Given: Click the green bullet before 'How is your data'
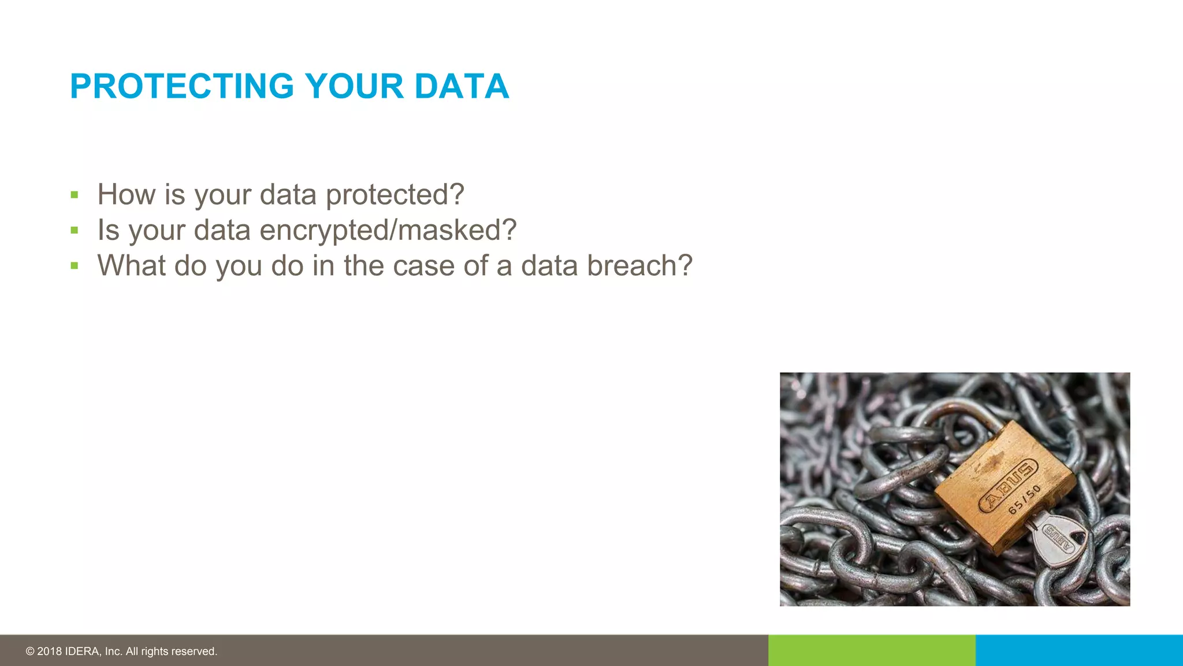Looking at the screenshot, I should [x=74, y=195].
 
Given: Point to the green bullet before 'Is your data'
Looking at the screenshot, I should [x=74, y=231].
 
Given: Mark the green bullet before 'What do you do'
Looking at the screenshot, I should [x=74, y=266].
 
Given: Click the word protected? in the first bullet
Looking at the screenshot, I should [x=395, y=195].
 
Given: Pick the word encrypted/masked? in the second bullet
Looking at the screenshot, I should [x=388, y=231].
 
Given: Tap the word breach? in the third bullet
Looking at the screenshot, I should [x=639, y=266].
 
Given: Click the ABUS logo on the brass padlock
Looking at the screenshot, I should [x=1008, y=486].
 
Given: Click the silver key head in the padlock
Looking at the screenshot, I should [x=1060, y=541].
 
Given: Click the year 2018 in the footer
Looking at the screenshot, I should [x=49, y=652].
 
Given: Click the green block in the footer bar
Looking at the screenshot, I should [x=872, y=650].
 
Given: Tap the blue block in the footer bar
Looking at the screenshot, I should [x=1079, y=650].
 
